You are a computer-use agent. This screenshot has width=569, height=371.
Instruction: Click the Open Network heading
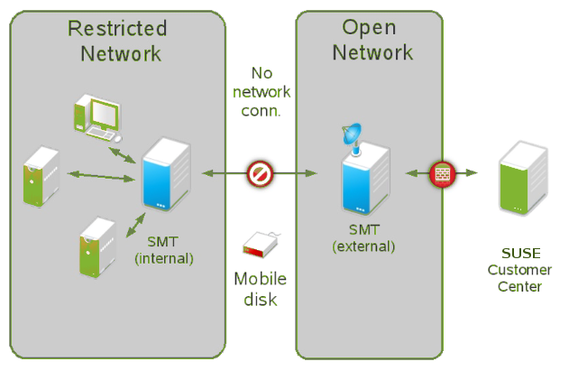click(372, 41)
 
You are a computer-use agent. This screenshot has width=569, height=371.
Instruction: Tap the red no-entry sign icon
click(261, 172)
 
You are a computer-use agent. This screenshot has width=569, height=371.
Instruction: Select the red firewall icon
click(442, 172)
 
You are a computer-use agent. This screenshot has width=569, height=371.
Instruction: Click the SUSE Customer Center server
click(524, 178)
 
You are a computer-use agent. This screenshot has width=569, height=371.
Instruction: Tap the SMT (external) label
click(363, 237)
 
